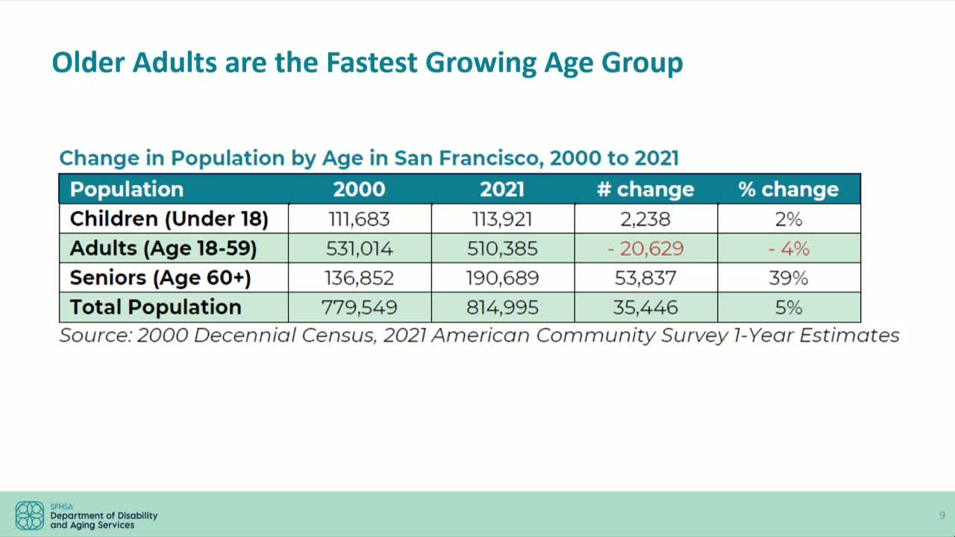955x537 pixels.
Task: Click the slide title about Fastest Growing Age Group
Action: [367, 63]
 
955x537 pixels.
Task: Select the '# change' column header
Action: [645, 189]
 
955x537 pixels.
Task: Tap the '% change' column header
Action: [789, 189]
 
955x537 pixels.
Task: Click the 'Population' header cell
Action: [127, 189]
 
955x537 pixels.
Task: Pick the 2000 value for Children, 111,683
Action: [360, 219]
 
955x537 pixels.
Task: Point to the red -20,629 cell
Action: [645, 248]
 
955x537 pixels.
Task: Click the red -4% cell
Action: [789, 248]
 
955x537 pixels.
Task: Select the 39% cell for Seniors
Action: [789, 278]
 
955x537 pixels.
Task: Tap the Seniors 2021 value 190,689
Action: [502, 278]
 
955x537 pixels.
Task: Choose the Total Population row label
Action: [155, 307]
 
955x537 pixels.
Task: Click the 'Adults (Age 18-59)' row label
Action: [163, 248]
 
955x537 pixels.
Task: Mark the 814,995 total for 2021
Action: [502, 307]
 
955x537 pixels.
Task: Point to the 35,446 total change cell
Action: [645, 307]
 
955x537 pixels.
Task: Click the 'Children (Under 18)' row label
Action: [169, 219]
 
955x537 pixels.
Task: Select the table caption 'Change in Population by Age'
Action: [369, 158]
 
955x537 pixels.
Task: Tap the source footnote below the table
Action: [479, 336]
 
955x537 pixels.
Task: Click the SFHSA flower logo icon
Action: [30, 515]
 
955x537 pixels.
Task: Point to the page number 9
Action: [942, 515]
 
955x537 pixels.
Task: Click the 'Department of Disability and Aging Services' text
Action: [104, 520]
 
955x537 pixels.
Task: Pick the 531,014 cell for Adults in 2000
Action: [360, 248]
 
